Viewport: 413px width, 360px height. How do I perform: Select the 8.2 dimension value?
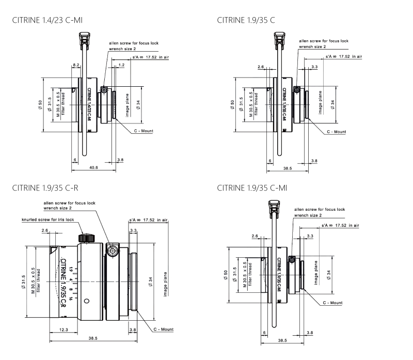[x=76, y=66]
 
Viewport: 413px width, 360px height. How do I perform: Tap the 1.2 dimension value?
[x=121, y=66]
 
